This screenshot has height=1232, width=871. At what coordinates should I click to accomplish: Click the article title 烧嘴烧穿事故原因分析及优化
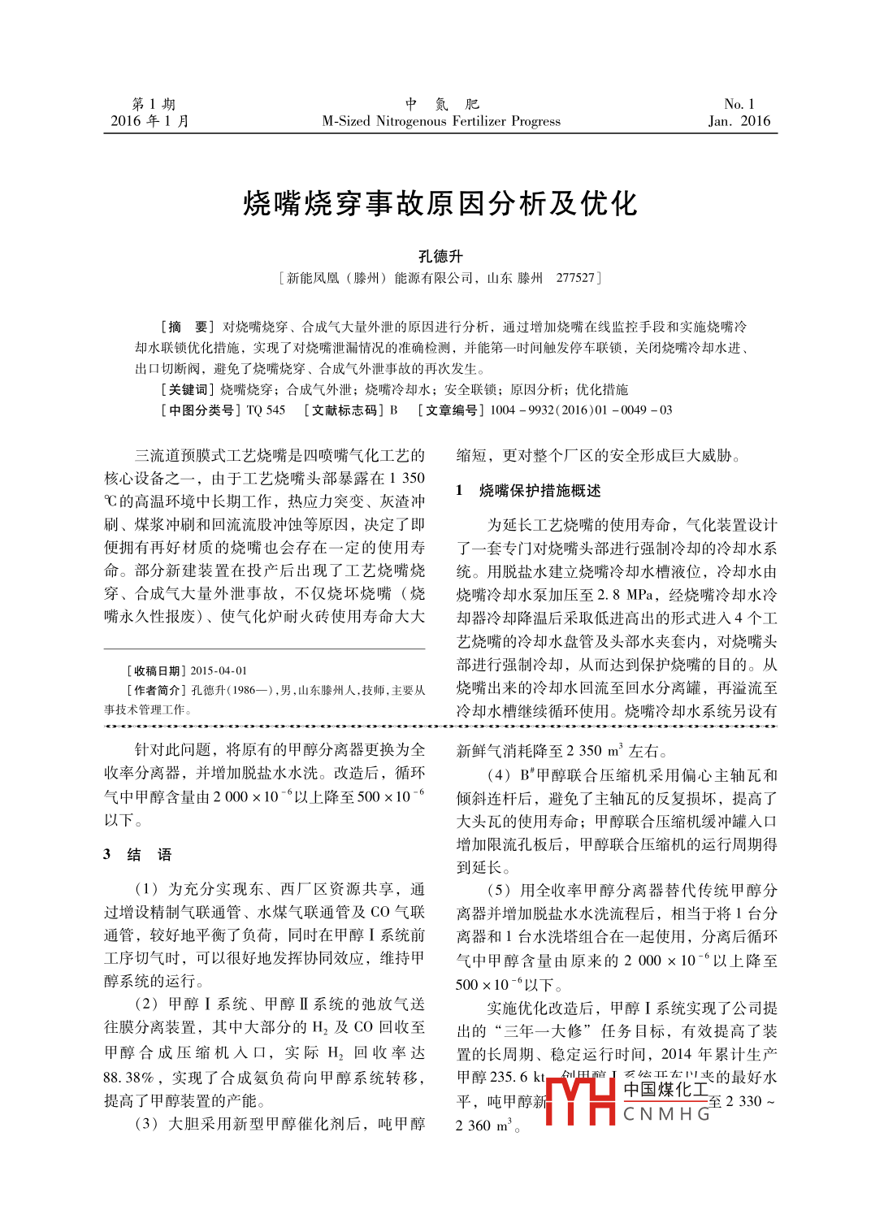point(440,203)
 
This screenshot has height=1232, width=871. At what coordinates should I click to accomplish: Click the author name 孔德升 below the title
point(440,256)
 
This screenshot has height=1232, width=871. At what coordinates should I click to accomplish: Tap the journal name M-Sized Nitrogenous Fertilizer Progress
point(440,121)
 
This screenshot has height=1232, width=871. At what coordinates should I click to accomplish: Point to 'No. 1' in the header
point(739,104)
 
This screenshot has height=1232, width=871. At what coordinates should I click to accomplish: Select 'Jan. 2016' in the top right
point(739,121)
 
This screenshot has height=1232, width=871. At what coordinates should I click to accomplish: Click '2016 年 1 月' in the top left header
point(149,121)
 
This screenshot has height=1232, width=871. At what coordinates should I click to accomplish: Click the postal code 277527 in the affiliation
point(574,278)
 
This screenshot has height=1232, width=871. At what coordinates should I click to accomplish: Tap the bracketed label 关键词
point(188,390)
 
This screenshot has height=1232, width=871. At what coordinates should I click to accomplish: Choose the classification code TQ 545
point(266,410)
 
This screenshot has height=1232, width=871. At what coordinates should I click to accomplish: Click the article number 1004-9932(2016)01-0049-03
point(581,410)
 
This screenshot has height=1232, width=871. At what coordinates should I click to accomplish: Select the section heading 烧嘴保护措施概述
point(539,491)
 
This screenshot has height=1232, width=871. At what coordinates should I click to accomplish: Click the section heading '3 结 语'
point(137,854)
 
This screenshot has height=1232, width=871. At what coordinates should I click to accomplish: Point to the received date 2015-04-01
point(219,671)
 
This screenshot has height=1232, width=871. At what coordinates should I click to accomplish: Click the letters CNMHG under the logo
point(666,1114)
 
